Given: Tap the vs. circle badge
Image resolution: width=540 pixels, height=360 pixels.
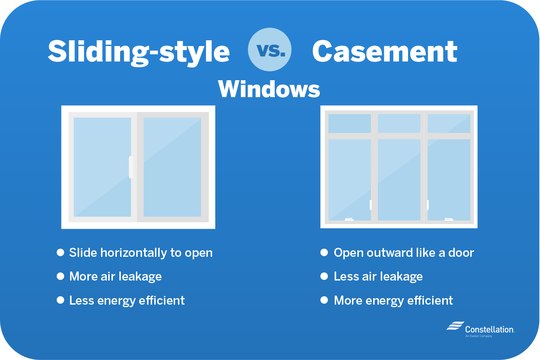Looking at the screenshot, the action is (x=270, y=49).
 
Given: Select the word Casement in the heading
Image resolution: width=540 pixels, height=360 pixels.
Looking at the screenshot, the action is (x=385, y=51).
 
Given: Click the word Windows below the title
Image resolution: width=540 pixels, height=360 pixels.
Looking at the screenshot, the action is (x=269, y=89).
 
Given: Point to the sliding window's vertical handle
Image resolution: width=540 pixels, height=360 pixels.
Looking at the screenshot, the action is (x=131, y=167).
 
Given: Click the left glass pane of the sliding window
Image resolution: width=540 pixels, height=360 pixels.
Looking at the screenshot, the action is (x=102, y=167).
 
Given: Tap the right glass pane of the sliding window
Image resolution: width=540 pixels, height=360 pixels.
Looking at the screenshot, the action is (x=172, y=167).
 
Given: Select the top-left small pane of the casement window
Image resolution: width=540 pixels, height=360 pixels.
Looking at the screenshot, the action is (x=349, y=123).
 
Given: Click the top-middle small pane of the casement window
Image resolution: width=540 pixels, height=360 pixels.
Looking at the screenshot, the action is (x=399, y=123).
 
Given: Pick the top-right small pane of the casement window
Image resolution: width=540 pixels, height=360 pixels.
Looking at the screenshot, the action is (x=449, y=123).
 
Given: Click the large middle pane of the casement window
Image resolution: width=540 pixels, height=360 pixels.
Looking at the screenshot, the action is (x=399, y=179).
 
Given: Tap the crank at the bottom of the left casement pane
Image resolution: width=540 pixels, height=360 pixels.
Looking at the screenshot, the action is (x=349, y=219).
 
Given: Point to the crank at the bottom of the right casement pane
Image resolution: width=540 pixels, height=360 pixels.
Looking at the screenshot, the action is (x=449, y=219).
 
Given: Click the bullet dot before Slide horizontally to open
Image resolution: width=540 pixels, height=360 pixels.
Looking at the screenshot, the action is (x=60, y=252).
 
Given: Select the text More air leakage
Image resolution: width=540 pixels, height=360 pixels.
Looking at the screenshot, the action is (x=115, y=276).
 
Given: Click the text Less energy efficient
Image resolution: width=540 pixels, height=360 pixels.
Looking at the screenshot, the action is (x=127, y=300).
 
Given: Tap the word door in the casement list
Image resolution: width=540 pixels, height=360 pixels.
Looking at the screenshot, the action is (x=461, y=252).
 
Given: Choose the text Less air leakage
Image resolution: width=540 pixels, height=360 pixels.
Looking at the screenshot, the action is (x=378, y=276).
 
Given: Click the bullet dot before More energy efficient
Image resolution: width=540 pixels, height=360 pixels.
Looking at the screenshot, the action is (x=324, y=300).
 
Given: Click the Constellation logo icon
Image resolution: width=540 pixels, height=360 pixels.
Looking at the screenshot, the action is (x=456, y=325).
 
